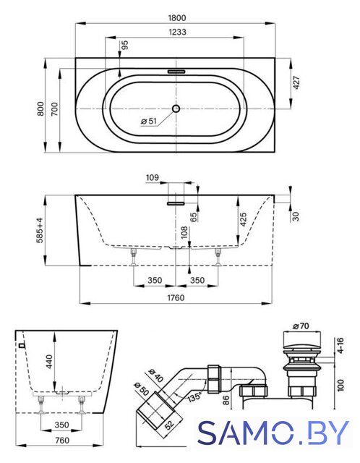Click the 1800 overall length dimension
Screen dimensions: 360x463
point(177,17)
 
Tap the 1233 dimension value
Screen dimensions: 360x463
point(177,32)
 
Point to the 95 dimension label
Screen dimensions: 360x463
point(125,45)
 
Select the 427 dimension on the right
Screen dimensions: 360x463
point(296,82)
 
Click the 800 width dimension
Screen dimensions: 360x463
point(40,109)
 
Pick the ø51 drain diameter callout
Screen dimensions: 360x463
point(148,121)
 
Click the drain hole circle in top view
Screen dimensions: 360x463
point(176,109)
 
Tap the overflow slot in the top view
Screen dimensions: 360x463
point(176,72)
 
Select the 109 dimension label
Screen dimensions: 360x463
point(153,177)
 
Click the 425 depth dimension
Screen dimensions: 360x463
point(243,219)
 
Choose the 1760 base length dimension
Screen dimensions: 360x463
point(176,297)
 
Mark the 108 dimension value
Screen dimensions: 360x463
point(184,233)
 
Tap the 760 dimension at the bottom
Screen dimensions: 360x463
point(62,441)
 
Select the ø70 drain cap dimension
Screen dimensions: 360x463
point(301,326)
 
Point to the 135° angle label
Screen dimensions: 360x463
point(194,396)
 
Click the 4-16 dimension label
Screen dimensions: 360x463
point(340,346)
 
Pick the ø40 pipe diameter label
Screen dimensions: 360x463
point(155,375)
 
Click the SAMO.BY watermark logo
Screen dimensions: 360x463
point(273,433)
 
